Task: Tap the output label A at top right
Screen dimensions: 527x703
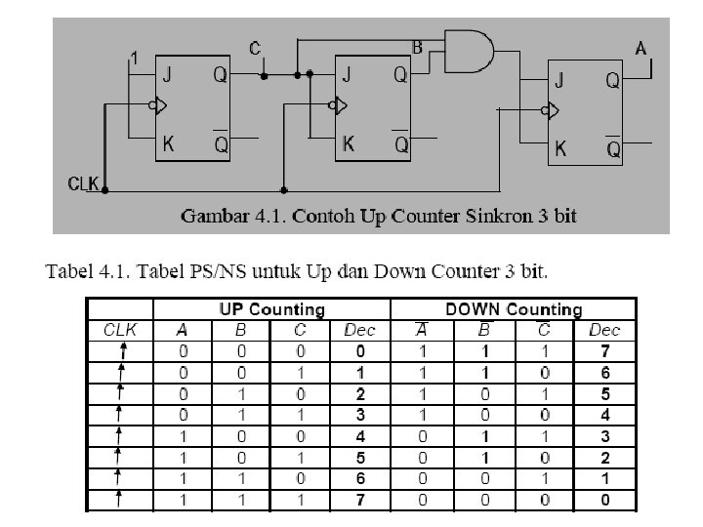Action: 641,47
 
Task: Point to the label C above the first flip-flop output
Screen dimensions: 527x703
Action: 256,48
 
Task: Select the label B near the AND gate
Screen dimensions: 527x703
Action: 417,46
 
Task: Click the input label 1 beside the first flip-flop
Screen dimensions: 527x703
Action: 135,60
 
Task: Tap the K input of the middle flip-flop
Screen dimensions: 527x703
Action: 348,143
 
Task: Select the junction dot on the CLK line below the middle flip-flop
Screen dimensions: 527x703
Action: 283,188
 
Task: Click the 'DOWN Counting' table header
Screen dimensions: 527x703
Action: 514,309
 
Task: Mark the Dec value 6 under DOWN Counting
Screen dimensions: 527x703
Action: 605,372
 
